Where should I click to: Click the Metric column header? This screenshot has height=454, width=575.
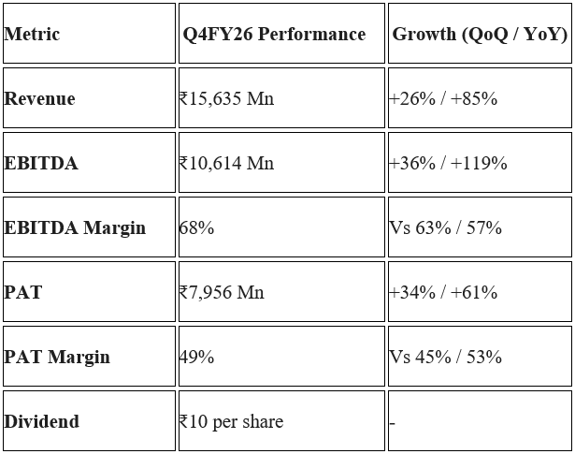[32, 34]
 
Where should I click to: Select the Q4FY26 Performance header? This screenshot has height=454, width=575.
[274, 34]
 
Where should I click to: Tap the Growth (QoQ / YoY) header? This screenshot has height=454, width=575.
[480, 34]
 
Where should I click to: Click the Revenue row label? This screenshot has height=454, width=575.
[39, 98]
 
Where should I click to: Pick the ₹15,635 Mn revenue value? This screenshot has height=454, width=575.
[226, 98]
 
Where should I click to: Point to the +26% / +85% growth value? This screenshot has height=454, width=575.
[443, 98]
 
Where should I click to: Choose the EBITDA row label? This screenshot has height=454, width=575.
[41, 163]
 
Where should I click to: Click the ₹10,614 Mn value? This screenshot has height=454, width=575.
[226, 163]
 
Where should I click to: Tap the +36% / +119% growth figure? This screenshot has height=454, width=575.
[448, 163]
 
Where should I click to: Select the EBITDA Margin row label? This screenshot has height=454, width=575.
[75, 227]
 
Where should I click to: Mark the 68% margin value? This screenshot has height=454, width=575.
[196, 227]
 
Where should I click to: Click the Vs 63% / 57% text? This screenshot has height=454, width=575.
[445, 227]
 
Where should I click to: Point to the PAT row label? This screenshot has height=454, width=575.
[23, 292]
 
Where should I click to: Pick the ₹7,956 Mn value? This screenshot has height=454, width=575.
[222, 292]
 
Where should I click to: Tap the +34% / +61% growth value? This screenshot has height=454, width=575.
[443, 292]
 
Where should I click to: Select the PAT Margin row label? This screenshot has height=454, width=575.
[57, 357]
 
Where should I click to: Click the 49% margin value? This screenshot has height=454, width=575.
[196, 357]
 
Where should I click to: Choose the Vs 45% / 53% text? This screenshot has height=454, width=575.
[445, 357]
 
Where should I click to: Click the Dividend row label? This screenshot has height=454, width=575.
[41, 421]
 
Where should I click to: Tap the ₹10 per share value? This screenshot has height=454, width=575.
[231, 421]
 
